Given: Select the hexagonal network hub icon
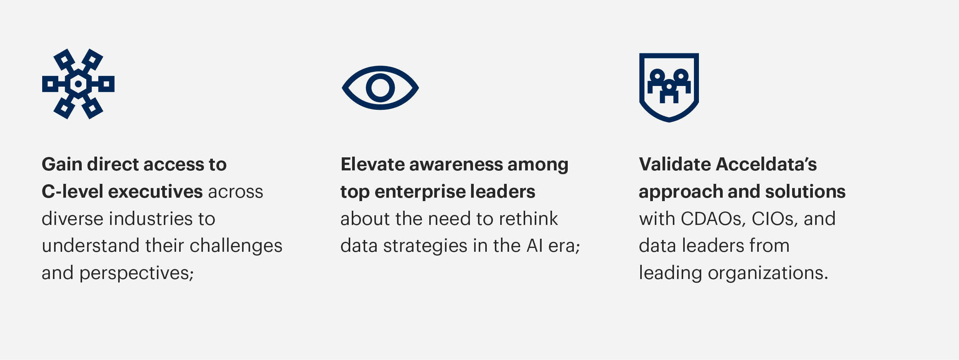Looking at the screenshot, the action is pos(78,84).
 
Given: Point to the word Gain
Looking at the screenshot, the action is pos(62,164).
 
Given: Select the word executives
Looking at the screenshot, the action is pos(155,191).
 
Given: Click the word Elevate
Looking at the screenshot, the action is pos(372,164).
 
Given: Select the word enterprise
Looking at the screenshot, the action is pos(419,192).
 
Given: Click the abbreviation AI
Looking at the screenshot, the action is pos(535,246).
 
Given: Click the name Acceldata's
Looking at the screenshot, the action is pos(766,164).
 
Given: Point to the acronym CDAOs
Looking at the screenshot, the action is pos(713,219).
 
